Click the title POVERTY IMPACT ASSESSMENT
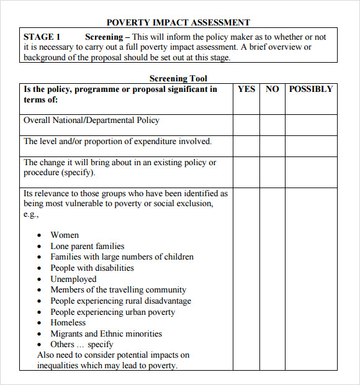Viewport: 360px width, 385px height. click(178, 22)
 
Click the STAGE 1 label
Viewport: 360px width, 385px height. click(42, 37)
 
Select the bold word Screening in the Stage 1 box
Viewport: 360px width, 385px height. click(104, 37)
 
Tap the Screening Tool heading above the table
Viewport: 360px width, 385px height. click(178, 79)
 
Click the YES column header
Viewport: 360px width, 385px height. click(246, 89)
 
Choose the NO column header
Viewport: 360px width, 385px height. click(272, 89)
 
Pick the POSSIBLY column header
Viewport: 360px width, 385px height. click(311, 89)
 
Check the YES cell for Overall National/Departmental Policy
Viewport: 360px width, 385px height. click(246, 125)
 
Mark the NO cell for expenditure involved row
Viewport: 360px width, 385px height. click(272, 146)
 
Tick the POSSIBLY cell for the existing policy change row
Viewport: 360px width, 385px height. click(311, 171)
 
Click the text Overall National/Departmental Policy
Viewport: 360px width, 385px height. click(91, 120)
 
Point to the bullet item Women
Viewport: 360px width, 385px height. click(65, 235)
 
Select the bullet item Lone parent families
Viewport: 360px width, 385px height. click(88, 247)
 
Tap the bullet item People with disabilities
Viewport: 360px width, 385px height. click(92, 268)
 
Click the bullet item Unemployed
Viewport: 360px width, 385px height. click(73, 279)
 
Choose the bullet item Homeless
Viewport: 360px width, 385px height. click(68, 323)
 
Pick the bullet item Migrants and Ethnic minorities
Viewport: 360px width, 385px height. click(106, 334)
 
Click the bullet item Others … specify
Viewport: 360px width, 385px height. click(82, 345)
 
